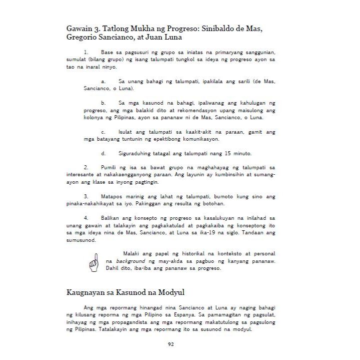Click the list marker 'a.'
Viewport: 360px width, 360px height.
(x=103, y=81)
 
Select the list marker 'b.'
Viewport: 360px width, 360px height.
(x=103, y=102)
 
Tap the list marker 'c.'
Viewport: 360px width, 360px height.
(x=103, y=132)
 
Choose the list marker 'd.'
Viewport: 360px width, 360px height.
(x=103, y=153)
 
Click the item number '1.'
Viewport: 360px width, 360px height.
(x=86, y=52)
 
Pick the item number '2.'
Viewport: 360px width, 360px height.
(x=86, y=167)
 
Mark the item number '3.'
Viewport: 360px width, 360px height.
(x=86, y=196)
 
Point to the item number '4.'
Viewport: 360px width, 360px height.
(x=86, y=218)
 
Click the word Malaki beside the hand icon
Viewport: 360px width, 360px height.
(x=132, y=254)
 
